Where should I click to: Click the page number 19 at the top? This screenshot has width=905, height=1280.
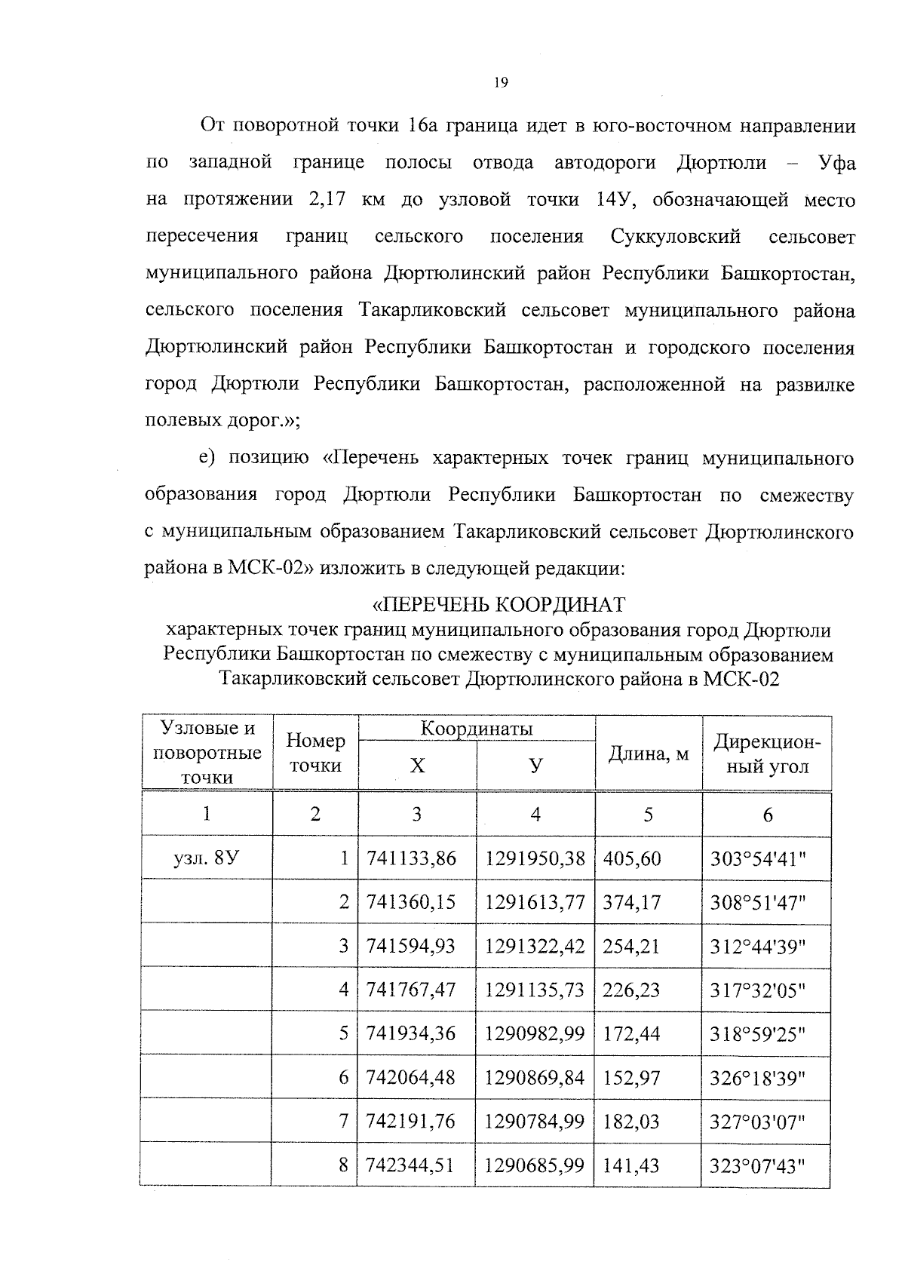(501, 83)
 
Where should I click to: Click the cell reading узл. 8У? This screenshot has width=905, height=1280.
(207, 858)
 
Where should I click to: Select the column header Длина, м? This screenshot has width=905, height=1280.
(649, 754)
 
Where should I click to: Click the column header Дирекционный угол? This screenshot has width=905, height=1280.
(766, 754)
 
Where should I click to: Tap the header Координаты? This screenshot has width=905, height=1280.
(477, 729)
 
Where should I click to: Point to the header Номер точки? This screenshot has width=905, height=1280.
(315, 753)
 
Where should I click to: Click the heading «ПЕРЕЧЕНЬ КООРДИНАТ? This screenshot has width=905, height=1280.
(499, 605)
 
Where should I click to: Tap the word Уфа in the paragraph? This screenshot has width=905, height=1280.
(837, 163)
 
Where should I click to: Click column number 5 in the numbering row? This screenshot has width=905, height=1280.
(648, 815)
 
